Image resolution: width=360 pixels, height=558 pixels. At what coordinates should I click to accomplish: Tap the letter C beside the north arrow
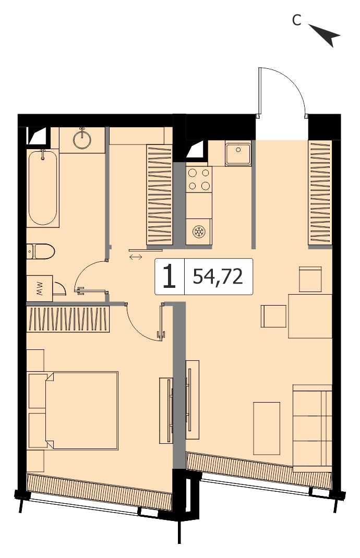pyautogui.click(x=297, y=20)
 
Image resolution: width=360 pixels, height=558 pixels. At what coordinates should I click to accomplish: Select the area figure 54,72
pyautogui.click(x=218, y=276)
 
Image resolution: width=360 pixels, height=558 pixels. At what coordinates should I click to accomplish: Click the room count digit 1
pyautogui.click(x=170, y=276)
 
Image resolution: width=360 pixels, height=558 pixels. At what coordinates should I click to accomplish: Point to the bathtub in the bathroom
pyautogui.click(x=43, y=188)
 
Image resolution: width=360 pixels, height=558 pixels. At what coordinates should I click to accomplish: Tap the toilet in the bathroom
pyautogui.click(x=40, y=251)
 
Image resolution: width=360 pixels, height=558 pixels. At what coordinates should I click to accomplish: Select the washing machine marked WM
pyautogui.click(x=40, y=288)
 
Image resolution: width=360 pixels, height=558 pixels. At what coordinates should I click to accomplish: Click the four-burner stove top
pyautogui.click(x=199, y=179)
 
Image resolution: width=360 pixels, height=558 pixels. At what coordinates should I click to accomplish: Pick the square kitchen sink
pyautogui.click(x=238, y=153)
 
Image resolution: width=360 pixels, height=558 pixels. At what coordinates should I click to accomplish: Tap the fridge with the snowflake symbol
pyautogui.click(x=199, y=232)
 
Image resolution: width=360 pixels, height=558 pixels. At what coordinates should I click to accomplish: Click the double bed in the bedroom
pyautogui.click(x=73, y=410)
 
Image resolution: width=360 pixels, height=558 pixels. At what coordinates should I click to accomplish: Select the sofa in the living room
pyautogui.click(x=313, y=428)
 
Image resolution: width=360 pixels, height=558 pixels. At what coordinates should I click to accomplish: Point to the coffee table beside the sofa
pyautogui.click(x=267, y=429)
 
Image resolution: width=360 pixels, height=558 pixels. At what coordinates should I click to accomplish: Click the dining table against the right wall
pyautogui.click(x=310, y=316)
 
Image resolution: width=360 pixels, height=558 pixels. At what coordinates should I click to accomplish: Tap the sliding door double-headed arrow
pyautogui.click(x=136, y=257)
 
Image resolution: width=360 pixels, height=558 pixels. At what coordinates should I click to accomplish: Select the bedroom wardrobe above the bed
pyautogui.click(x=68, y=319)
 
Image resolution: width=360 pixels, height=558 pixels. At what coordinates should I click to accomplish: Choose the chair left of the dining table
pyautogui.click(x=273, y=316)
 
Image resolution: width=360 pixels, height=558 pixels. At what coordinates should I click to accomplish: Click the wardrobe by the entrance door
pyautogui.click(x=320, y=192)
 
